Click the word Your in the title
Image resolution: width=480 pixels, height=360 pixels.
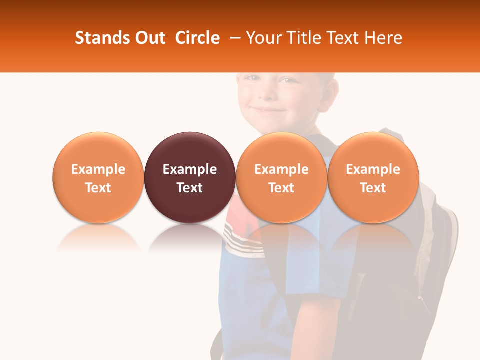pyautogui.click(x=262, y=38)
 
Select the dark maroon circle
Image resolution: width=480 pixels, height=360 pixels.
pyautogui.click(x=190, y=177)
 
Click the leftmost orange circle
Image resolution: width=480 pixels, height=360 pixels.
pyautogui.click(x=98, y=177)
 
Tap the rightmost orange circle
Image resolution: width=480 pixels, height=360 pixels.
pyautogui.click(x=373, y=177)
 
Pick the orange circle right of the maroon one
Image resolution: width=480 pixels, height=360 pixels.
pyautogui.click(x=281, y=177)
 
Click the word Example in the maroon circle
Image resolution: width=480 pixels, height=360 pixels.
pyautogui.click(x=190, y=169)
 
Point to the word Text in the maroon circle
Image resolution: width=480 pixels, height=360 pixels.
pyautogui.click(x=190, y=188)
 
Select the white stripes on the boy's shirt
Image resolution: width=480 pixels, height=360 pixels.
pyautogui.click(x=242, y=237)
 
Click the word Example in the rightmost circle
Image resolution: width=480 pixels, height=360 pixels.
pyautogui.click(x=373, y=169)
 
